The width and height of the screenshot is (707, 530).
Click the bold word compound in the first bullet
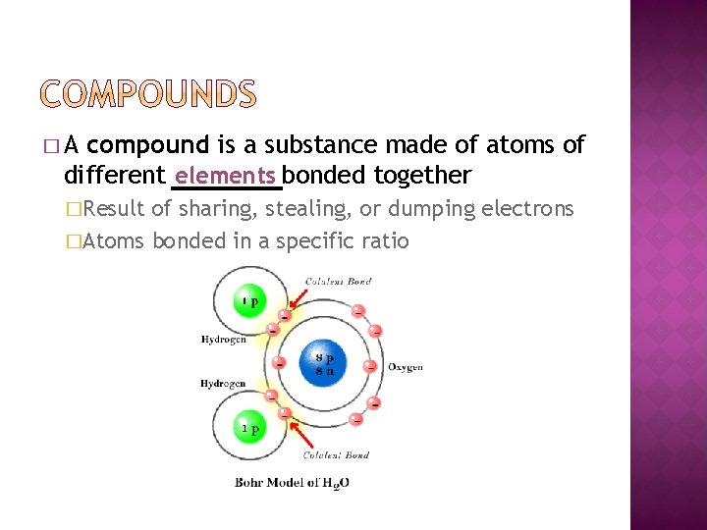pyautogui.click(x=148, y=146)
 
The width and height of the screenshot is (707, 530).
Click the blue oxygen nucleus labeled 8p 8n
pyautogui.click(x=324, y=362)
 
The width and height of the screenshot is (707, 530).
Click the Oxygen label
pyautogui.click(x=406, y=367)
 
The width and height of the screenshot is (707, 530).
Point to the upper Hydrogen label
pyautogui.click(x=223, y=341)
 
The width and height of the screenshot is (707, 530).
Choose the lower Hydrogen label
pyautogui.click(x=223, y=383)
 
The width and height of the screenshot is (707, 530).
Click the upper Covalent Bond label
pyautogui.click(x=338, y=282)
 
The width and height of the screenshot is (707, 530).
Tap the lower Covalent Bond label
pyautogui.click(x=336, y=454)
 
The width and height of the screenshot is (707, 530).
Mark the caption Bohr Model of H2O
pyautogui.click(x=292, y=482)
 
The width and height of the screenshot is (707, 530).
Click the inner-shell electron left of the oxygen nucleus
pyautogui.click(x=279, y=363)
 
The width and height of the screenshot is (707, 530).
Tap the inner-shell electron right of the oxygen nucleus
pyautogui.click(x=369, y=366)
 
